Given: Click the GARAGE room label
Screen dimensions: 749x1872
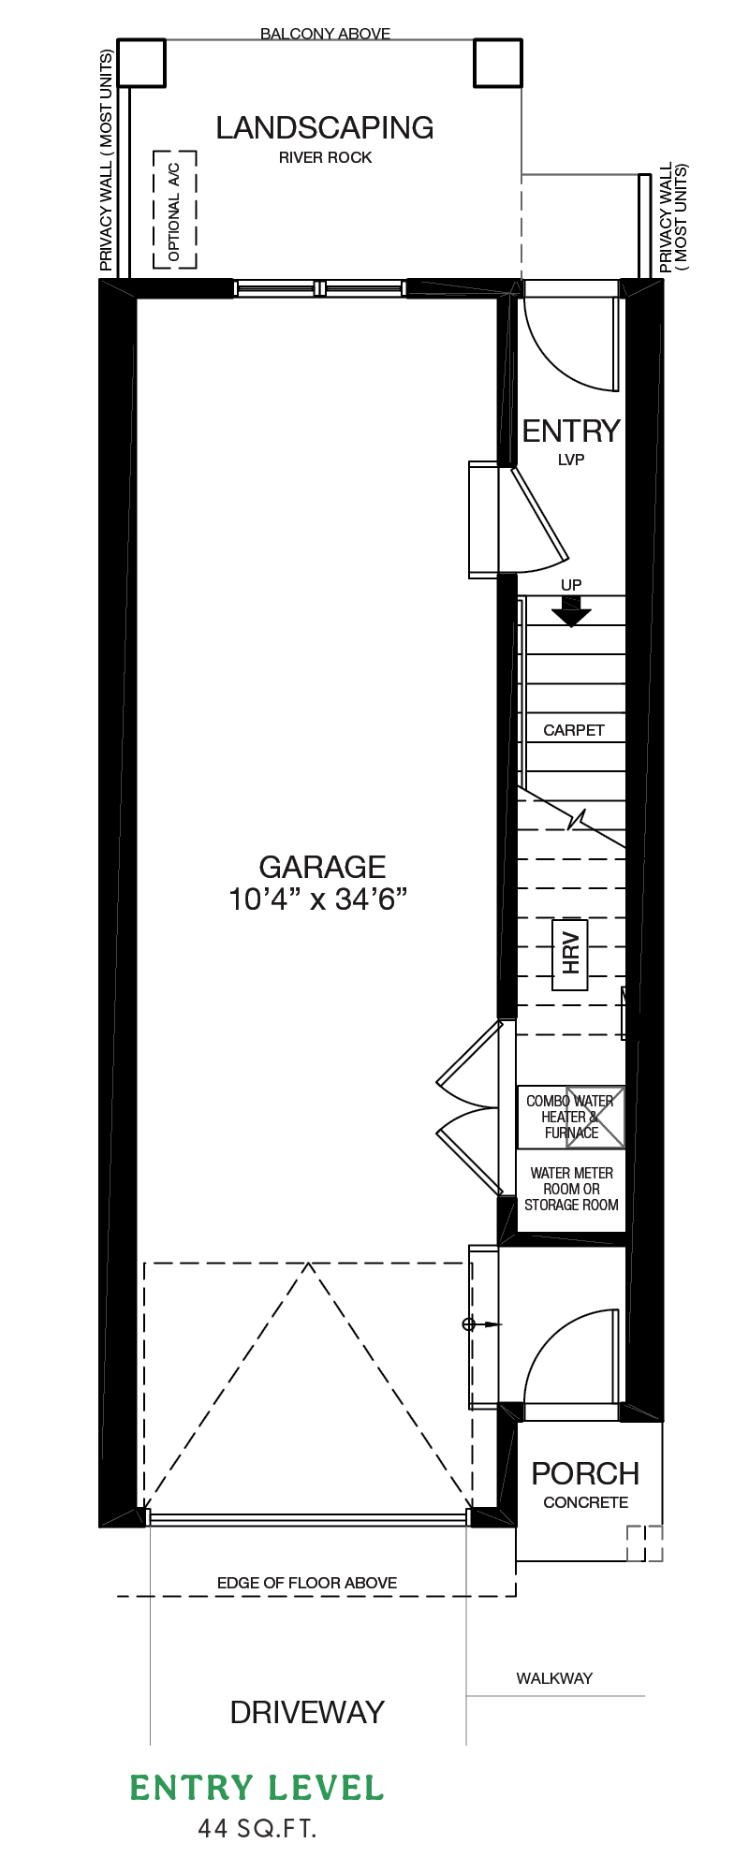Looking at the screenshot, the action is (322, 867).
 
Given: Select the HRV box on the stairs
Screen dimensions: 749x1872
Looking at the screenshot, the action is (570, 955).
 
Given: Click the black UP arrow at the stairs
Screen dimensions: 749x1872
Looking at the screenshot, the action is (571, 611).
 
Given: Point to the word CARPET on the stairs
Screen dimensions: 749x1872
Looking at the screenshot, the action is (574, 730).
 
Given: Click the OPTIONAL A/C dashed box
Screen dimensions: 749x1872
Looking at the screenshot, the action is (175, 210).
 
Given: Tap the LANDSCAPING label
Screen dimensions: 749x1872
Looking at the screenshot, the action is (325, 127).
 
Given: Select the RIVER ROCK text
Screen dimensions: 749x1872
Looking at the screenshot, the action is (325, 157).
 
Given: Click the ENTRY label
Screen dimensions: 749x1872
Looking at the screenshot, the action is (571, 431).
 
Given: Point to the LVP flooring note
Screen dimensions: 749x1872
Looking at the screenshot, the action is (571, 460).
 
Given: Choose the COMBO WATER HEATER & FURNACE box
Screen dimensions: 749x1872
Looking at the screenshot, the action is (571, 1117).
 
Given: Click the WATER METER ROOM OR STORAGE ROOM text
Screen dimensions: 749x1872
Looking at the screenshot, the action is (571, 1189).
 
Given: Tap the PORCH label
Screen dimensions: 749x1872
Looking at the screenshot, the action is (585, 1473).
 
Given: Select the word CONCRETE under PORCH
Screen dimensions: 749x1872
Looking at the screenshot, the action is (586, 1502).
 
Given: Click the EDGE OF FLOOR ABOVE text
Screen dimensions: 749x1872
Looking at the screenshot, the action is (307, 1583).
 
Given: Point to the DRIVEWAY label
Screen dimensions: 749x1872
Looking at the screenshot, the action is (307, 1713).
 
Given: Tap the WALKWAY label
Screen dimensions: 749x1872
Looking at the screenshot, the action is (554, 1678).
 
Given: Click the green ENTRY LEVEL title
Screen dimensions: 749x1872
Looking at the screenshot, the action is (257, 1789).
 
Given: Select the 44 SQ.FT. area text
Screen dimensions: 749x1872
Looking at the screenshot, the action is (257, 1828).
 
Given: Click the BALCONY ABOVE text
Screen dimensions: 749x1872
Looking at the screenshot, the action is (325, 34).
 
